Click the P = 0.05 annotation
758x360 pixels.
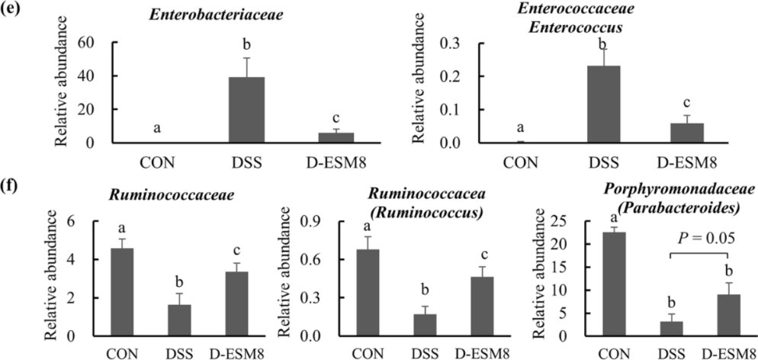point(698,237)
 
